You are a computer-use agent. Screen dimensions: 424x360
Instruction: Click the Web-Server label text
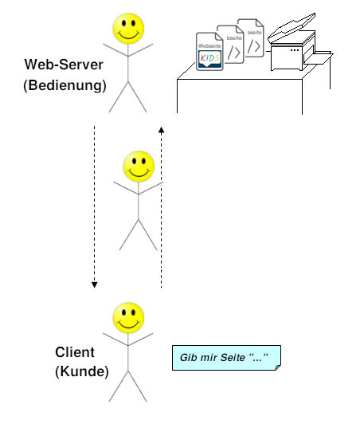click(x=65, y=65)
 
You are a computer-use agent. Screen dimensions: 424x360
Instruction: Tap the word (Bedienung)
click(x=65, y=84)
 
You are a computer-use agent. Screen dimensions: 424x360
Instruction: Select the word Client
click(x=75, y=351)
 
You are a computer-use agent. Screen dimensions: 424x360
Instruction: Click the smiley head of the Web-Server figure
click(x=128, y=29)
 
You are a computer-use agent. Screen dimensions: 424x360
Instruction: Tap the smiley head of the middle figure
click(x=139, y=167)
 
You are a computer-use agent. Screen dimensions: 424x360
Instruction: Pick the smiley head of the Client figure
click(x=128, y=317)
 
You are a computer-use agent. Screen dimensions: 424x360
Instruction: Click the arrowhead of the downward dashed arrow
click(x=94, y=284)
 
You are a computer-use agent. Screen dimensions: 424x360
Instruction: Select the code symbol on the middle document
click(x=233, y=52)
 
